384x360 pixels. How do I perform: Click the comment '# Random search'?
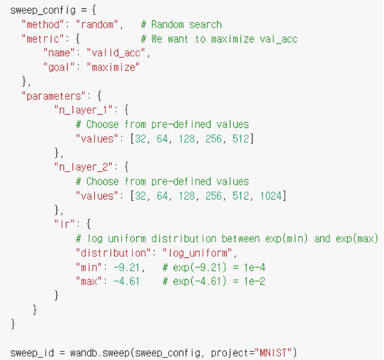pyautogui.click(x=181, y=25)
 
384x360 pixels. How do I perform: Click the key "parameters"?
pyautogui.click(x=50, y=96)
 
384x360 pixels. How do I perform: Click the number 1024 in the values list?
pyautogui.click(x=272, y=196)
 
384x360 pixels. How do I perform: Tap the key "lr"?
pyautogui.click(x=63, y=224)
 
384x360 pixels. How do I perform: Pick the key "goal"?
pyautogui.click(x=59, y=67)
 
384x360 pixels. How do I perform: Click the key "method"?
pyautogui.click(x=43, y=25)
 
